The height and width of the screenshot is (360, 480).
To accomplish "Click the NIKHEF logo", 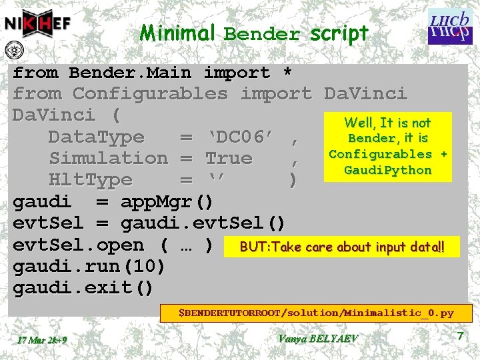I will (x=38, y=25).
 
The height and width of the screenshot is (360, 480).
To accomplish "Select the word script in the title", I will (x=339, y=33).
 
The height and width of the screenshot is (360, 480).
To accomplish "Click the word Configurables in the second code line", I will (x=150, y=94).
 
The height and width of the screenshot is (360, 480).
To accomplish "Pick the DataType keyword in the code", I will (x=96, y=137).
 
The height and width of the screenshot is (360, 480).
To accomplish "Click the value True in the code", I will (x=229, y=159).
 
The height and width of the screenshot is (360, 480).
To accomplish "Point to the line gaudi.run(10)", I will (x=89, y=267).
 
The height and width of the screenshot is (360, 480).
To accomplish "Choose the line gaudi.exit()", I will (x=83, y=288).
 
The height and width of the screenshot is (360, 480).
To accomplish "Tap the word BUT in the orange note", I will (x=253, y=247).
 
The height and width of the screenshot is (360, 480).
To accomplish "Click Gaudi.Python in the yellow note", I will (x=387, y=170).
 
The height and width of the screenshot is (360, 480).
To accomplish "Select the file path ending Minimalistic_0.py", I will (x=319, y=312).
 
